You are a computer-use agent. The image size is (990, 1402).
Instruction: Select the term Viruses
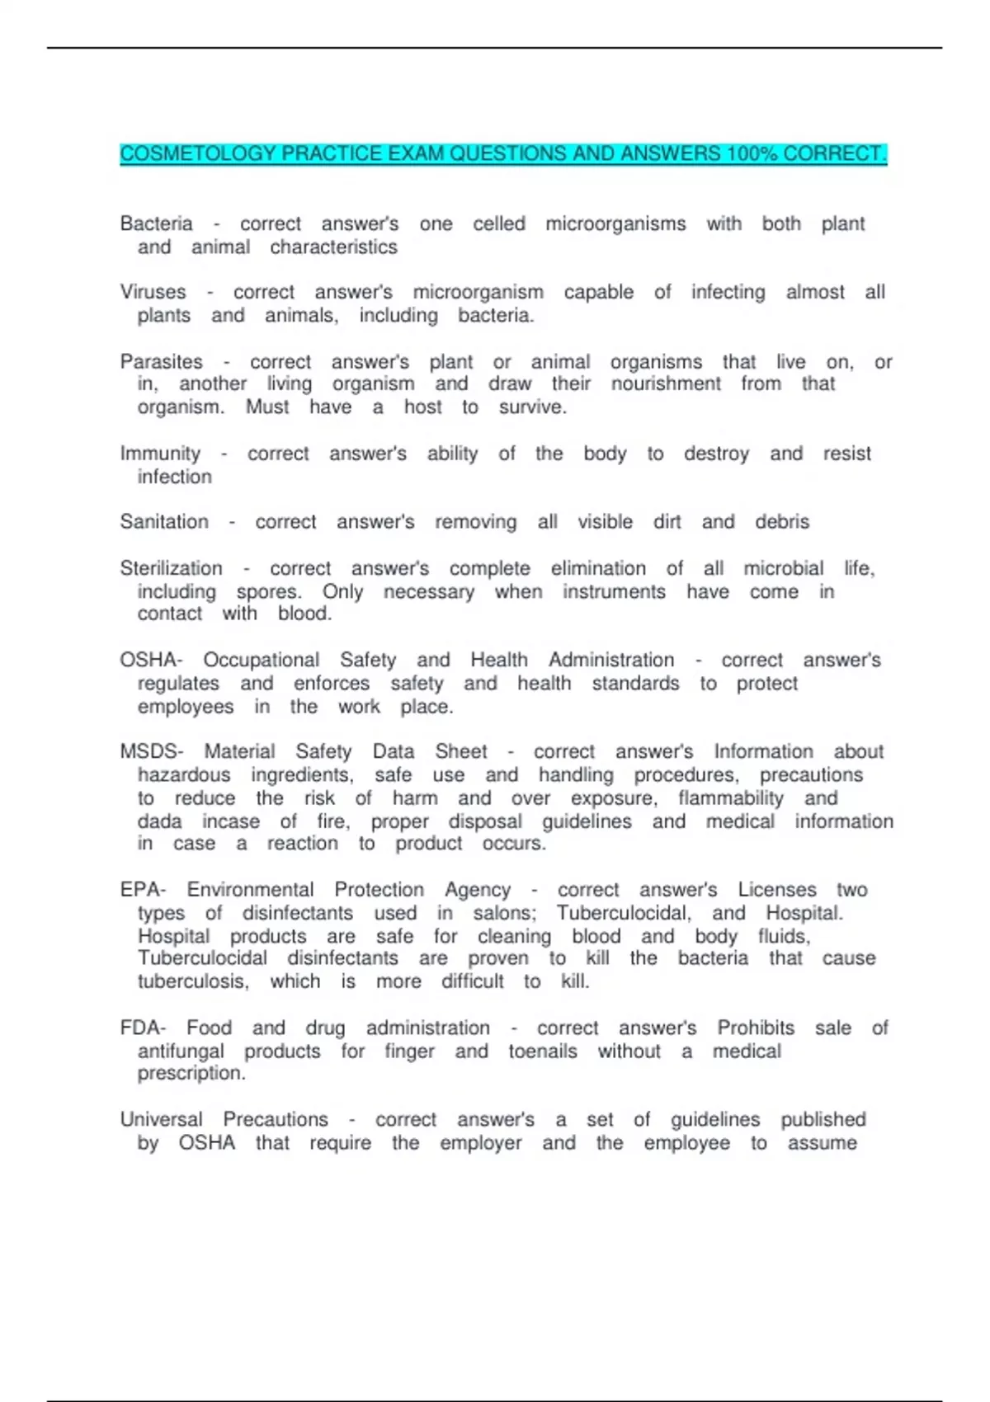(x=153, y=292)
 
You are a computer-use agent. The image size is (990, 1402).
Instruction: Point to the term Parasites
(x=161, y=362)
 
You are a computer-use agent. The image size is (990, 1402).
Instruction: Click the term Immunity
(x=160, y=454)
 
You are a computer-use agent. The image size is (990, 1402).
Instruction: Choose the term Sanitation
(x=164, y=522)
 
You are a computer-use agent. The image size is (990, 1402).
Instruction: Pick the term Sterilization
(x=171, y=568)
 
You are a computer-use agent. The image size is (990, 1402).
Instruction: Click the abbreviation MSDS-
(x=151, y=751)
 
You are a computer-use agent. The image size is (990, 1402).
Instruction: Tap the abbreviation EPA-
(x=143, y=890)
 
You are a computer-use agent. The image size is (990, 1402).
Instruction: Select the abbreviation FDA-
(x=143, y=1028)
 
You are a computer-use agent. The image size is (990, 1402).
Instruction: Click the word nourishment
(x=666, y=383)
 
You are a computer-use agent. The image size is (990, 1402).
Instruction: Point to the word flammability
(x=730, y=798)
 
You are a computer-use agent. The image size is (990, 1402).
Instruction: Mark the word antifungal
(x=181, y=1051)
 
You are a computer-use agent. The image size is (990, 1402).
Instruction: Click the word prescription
(x=191, y=1073)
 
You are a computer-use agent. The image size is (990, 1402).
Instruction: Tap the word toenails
(x=542, y=1051)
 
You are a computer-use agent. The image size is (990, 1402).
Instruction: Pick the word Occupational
(x=261, y=660)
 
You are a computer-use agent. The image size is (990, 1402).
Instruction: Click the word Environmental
(x=250, y=890)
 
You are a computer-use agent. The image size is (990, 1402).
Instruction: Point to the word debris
(x=782, y=522)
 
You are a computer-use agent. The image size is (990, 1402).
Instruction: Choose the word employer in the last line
(x=480, y=1143)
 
